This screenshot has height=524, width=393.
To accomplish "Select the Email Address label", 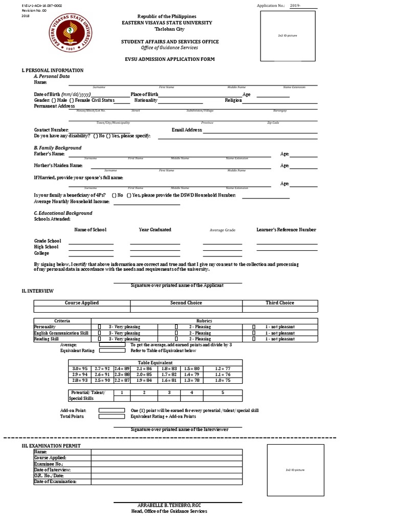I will [187, 130].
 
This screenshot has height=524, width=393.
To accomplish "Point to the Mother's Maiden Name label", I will [58, 166].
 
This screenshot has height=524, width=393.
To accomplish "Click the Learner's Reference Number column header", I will [286, 230].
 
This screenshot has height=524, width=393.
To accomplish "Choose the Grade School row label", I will [48, 241].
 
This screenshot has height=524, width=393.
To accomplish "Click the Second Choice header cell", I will [186, 303].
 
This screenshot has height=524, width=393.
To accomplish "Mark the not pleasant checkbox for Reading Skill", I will [253, 339].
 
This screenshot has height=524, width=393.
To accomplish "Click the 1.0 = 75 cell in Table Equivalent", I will [223, 380].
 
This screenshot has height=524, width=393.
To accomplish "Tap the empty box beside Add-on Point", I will [112, 410].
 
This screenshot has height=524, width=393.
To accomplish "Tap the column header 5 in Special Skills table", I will [223, 392].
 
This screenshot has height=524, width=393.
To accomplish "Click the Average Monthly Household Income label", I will [72, 202].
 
